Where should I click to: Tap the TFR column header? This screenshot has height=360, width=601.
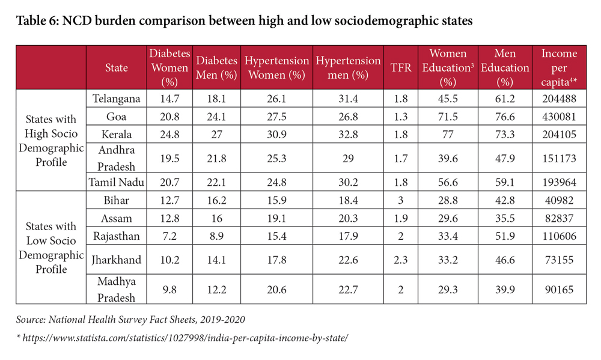[401, 67]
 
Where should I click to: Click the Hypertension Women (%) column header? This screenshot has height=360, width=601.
[276, 67]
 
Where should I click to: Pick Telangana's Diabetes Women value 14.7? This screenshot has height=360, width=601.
[169, 98]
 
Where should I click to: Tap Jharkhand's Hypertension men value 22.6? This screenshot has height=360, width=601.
[349, 260]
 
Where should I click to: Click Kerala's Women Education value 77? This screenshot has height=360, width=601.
[448, 134]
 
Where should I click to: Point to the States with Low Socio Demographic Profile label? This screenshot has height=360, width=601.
[51, 248]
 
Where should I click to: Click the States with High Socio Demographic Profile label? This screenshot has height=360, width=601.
[51, 140]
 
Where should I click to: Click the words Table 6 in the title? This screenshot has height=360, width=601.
[37, 22]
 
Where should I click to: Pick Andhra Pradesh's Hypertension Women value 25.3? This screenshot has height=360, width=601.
[276, 157]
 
